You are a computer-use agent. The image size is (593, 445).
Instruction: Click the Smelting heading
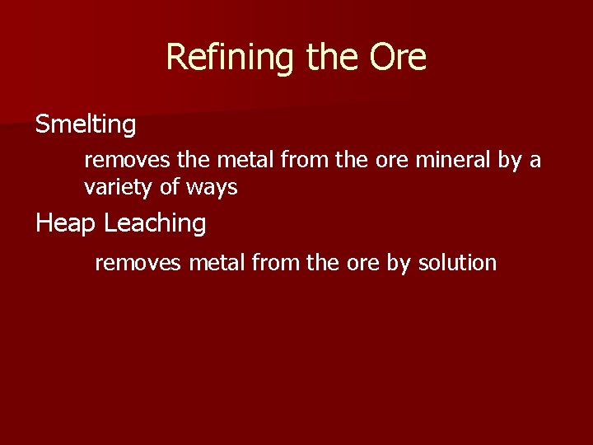(x=86, y=125)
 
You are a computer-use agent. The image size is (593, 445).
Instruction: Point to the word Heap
(x=66, y=223)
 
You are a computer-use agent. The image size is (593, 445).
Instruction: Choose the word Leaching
(x=155, y=223)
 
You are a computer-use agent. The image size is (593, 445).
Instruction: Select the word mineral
(x=452, y=160)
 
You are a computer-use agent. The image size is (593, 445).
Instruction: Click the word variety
(x=119, y=188)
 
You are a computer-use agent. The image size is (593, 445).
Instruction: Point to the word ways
(x=212, y=188)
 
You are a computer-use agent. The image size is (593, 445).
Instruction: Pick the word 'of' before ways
(x=170, y=188)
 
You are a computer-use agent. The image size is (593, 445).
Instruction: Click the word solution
(x=457, y=263)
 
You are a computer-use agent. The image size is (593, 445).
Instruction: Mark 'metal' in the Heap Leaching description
(x=215, y=263)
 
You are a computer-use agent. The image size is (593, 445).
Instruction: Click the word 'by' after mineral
(x=510, y=160)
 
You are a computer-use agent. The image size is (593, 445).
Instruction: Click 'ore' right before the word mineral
(x=390, y=160)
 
